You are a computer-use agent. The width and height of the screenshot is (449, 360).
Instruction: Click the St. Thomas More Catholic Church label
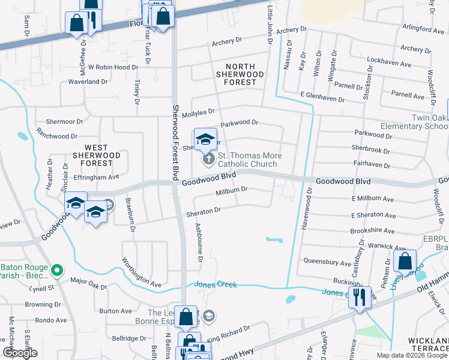tap(247, 160)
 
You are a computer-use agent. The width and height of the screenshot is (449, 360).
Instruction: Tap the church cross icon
tap(208, 159)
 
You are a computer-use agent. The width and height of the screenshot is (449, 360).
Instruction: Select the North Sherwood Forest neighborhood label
tap(241, 74)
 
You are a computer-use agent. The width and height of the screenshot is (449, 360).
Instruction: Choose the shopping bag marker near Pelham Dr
tap(406, 262)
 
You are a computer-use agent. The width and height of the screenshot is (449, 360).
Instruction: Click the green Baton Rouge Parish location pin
tap(57, 271)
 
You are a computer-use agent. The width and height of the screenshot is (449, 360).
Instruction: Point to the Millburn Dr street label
tap(232, 191)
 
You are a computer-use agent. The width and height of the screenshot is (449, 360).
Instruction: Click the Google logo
tap(20, 353)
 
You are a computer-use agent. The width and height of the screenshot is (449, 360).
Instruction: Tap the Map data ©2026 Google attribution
tap(412, 355)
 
